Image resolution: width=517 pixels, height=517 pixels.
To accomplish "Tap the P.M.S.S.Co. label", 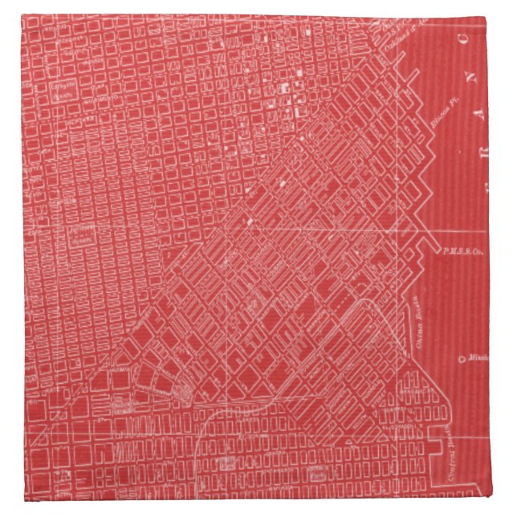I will [462, 251].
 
